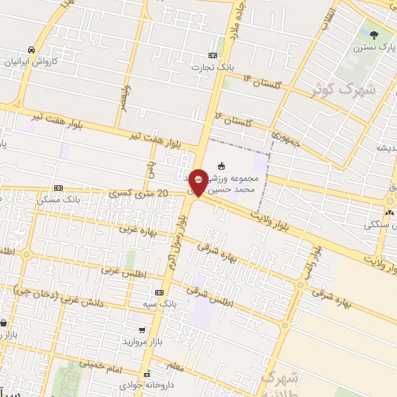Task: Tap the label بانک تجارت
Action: pyautogui.click(x=216, y=67)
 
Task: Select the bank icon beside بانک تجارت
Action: pyautogui.click(x=213, y=56)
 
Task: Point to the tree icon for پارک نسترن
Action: pyautogui.click(x=375, y=34)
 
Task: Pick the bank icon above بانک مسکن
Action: pyautogui.click(x=59, y=188)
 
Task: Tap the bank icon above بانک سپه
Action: pyautogui.click(x=160, y=292)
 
